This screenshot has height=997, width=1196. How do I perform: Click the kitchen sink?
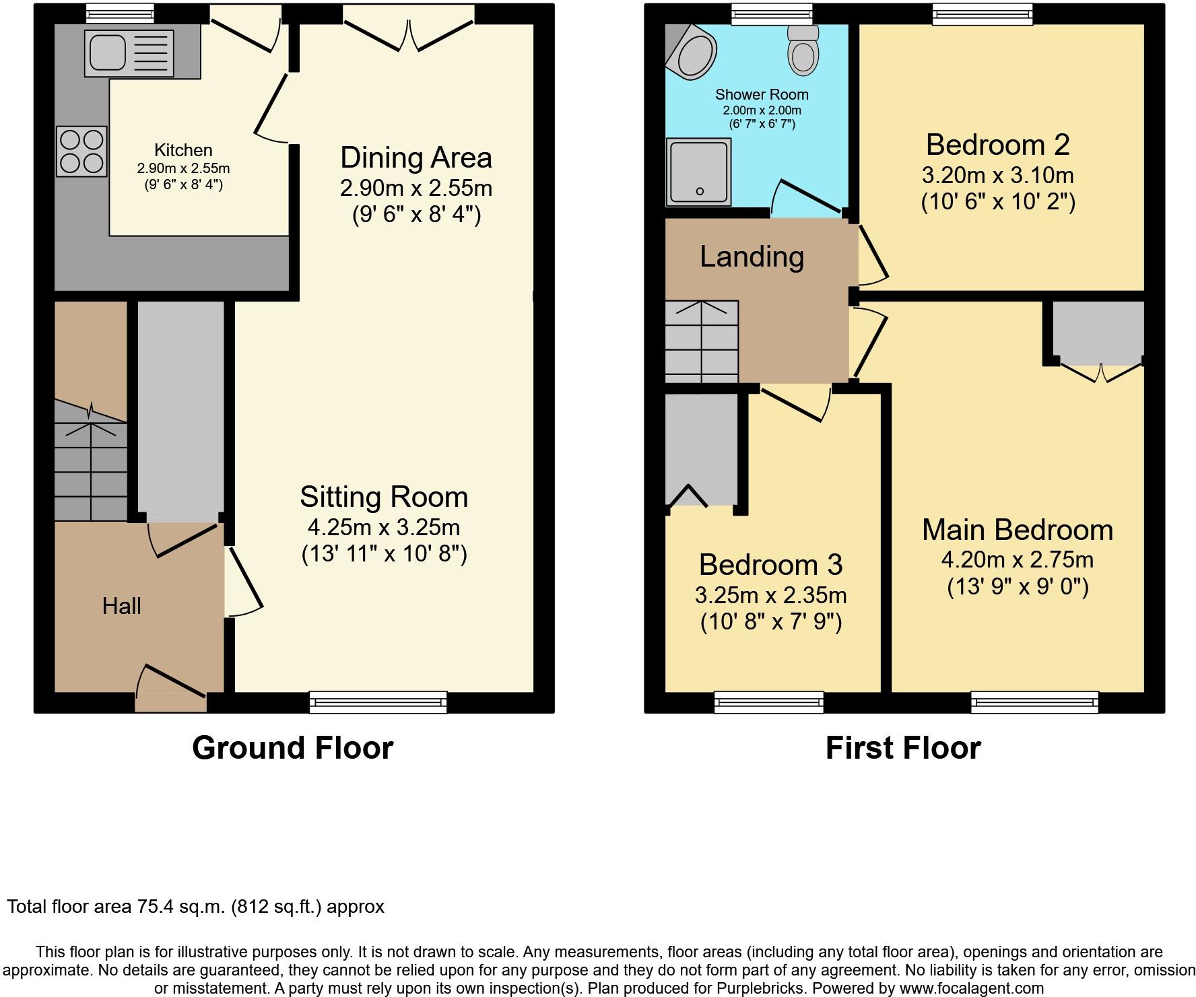tap(129, 53)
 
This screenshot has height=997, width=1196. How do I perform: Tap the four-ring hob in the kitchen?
tap(81, 151)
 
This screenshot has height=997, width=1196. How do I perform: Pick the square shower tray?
tap(698, 172)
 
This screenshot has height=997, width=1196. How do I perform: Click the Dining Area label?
tap(416, 158)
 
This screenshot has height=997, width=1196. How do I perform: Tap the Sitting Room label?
tap(384, 497)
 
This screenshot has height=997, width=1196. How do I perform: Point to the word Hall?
tap(122, 606)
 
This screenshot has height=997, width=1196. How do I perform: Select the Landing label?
tap(752, 256)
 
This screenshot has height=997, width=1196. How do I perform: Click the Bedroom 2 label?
tap(998, 145)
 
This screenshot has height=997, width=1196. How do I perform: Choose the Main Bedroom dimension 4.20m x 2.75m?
tap(1018, 559)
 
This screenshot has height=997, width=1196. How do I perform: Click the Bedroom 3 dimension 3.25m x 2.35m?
tap(771, 595)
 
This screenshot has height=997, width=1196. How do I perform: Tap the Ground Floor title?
tap(293, 748)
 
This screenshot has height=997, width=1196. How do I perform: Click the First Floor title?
tap(903, 748)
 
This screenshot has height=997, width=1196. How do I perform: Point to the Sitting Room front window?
tap(378, 702)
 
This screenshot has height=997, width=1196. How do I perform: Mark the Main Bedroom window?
tap(1034, 702)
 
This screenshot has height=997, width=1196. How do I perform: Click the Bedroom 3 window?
tap(769, 702)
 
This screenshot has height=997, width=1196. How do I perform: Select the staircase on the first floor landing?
tap(702, 342)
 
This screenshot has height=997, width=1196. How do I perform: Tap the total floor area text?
tap(196, 907)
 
